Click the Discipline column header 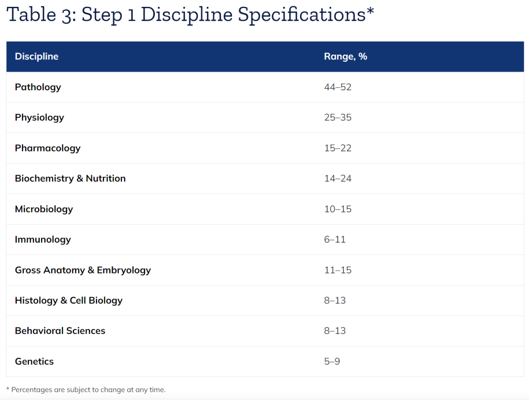[36, 56]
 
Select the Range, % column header [345, 56]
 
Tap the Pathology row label [38, 87]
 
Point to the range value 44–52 [337, 87]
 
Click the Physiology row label [40, 118]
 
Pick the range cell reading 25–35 [337, 118]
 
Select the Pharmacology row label [48, 148]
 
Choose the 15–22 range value [337, 148]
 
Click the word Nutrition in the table [106, 178]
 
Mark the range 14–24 [337, 178]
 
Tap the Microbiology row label [44, 209]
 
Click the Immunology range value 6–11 [335, 239]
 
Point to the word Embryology [124, 270]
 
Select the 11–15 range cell [337, 270]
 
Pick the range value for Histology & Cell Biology [335, 300]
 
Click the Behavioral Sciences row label [60, 331]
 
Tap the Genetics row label [34, 361]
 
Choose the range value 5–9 [332, 361]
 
